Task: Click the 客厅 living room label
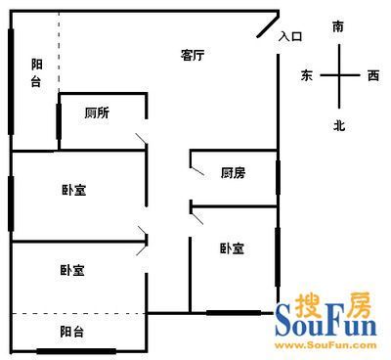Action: click(193, 55)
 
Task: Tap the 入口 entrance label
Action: click(290, 36)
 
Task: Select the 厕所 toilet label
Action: click(97, 112)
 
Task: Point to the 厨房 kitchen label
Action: click(233, 172)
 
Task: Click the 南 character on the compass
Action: click(338, 26)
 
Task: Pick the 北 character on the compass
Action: click(339, 125)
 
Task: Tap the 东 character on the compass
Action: click(307, 75)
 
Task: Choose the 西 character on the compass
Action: click(373, 75)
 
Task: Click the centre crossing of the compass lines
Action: click(339, 75)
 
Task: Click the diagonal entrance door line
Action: click(268, 25)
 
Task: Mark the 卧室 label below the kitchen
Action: click(232, 248)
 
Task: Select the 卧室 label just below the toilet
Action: click(74, 190)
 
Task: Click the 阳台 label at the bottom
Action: click(72, 332)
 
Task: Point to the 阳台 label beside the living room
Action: click(36, 72)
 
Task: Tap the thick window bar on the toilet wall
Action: click(59, 121)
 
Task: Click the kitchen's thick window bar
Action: click(278, 177)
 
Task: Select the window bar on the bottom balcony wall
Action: click(76, 351)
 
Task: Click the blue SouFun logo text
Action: click(326, 320)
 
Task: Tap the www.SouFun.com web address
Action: click(326, 345)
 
